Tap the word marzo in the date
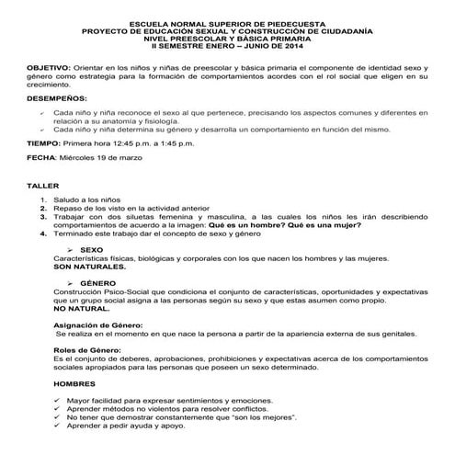[x=129, y=158]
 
